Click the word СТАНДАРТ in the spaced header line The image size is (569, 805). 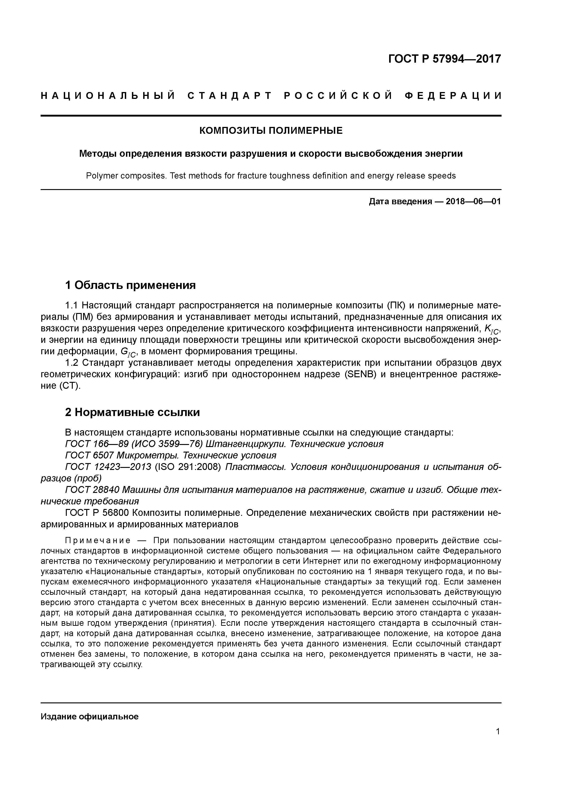(x=230, y=96)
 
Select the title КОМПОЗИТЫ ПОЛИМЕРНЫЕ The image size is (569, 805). (x=271, y=131)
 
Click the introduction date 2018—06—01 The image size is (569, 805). (x=473, y=202)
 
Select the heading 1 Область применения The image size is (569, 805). (x=130, y=285)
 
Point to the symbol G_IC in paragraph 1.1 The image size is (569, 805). (x=129, y=352)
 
